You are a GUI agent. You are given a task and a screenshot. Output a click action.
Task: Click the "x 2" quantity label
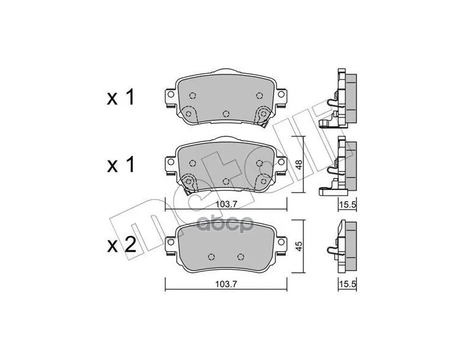[121, 245]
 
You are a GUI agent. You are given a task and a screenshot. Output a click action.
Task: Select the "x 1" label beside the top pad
[121, 98]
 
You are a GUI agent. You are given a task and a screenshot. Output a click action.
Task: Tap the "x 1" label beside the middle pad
[121, 165]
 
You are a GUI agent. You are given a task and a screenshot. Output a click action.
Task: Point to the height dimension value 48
[299, 164]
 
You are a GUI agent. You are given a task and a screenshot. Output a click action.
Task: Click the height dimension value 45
[299, 245]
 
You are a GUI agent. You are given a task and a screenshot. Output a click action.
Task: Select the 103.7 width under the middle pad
[226, 204]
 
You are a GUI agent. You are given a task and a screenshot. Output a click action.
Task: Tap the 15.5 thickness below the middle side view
[348, 204]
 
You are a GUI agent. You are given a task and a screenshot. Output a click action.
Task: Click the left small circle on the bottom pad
[212, 256]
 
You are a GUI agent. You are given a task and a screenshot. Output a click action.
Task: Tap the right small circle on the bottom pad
[240, 256]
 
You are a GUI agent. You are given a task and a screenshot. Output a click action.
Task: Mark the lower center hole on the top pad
[226, 114]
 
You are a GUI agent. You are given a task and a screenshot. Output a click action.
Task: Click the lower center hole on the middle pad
[226, 181]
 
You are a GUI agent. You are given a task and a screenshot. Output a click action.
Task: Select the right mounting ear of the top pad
[281, 96]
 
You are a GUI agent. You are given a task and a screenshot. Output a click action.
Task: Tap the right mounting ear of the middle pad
[281, 163]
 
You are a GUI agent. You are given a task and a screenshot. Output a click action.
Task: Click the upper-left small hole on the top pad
[193, 95]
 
